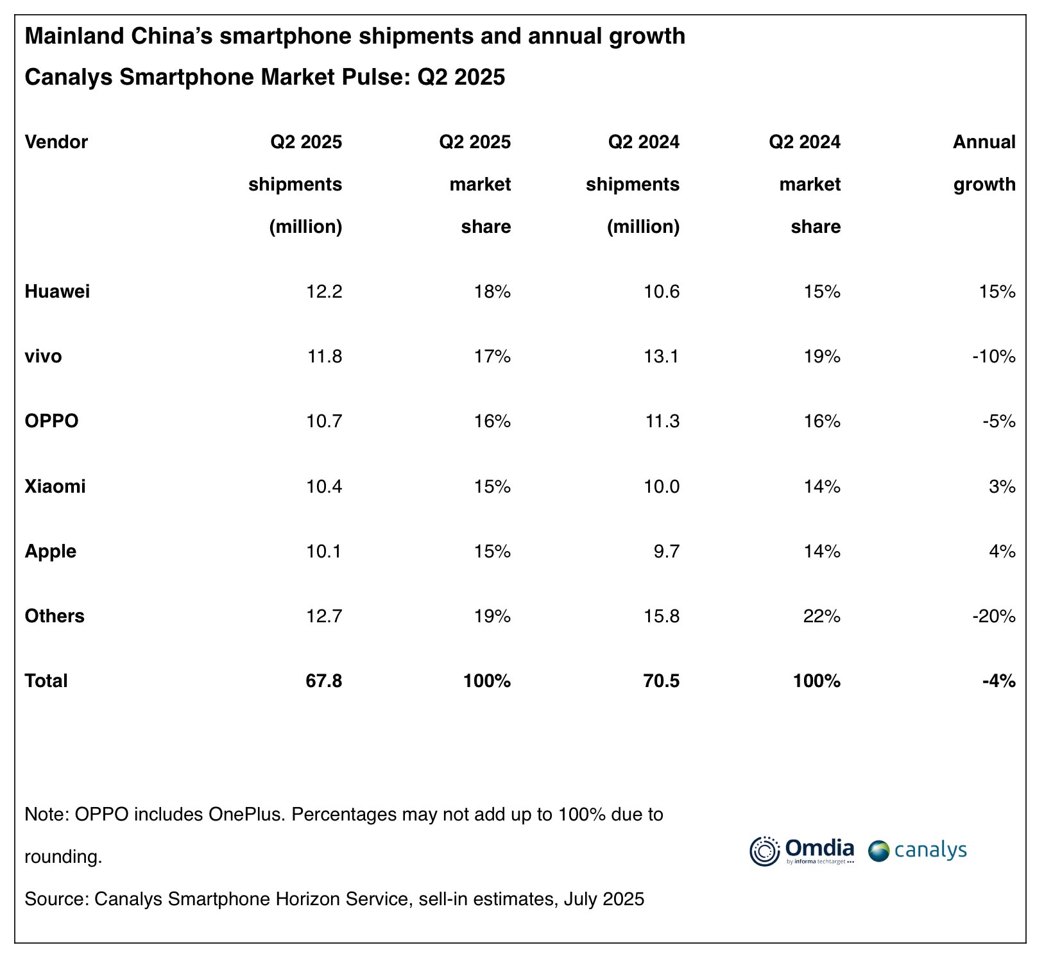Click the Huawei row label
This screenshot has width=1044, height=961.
57,292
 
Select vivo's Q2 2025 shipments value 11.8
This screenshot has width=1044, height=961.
324,356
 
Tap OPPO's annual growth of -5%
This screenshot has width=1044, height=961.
998,421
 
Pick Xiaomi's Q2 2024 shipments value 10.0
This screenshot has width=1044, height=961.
662,486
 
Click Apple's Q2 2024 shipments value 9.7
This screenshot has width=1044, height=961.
667,551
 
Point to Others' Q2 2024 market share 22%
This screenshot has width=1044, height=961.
822,616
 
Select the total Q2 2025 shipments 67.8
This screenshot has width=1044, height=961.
324,681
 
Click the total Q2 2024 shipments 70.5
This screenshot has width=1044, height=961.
662,681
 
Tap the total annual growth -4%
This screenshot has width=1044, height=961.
998,681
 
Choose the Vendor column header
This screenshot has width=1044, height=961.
56,142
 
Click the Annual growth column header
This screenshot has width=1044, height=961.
984,163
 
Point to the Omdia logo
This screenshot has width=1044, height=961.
802,851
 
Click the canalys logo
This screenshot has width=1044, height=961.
918,851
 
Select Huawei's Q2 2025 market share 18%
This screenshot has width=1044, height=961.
493,292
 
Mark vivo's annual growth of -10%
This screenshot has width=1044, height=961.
994,356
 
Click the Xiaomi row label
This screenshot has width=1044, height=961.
55,486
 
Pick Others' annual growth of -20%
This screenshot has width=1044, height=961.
994,616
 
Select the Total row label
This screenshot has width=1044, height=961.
46,681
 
